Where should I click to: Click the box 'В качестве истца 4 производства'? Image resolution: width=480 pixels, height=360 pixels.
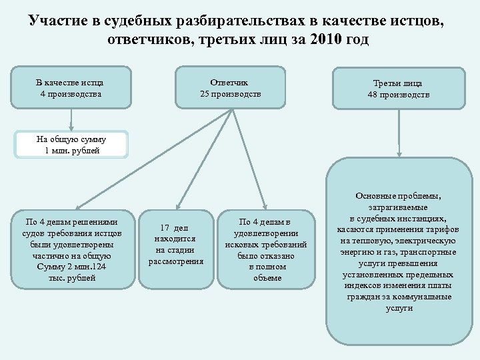70,87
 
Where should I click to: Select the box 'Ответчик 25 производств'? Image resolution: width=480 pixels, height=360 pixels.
230,87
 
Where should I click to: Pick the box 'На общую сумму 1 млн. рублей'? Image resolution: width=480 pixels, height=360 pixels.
71,144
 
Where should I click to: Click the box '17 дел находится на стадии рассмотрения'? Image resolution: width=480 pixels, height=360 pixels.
175,244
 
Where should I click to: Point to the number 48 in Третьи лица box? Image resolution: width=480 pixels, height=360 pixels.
372,95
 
